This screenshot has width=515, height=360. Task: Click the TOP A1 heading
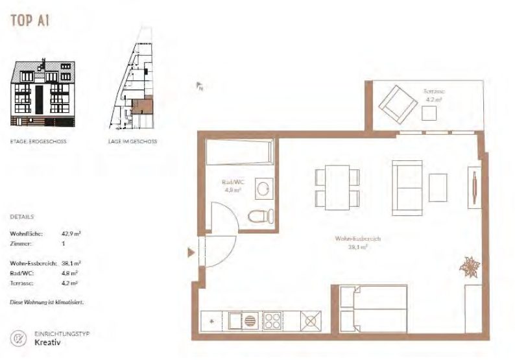[x=30, y=20]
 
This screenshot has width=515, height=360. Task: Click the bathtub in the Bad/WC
[x=239, y=154]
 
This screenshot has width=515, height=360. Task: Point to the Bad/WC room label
[x=232, y=186]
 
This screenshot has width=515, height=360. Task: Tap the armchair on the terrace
[x=398, y=104]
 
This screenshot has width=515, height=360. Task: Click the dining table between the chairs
[x=337, y=186]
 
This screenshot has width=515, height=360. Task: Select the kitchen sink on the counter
[x=243, y=320]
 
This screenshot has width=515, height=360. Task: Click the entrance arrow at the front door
[x=191, y=252]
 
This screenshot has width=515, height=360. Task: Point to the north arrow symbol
[x=201, y=86]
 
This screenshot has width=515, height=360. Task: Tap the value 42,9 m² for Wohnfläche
[x=70, y=232]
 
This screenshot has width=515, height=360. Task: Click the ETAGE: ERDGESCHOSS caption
[x=38, y=141]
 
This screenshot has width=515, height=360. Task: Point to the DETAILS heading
[x=22, y=217]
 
